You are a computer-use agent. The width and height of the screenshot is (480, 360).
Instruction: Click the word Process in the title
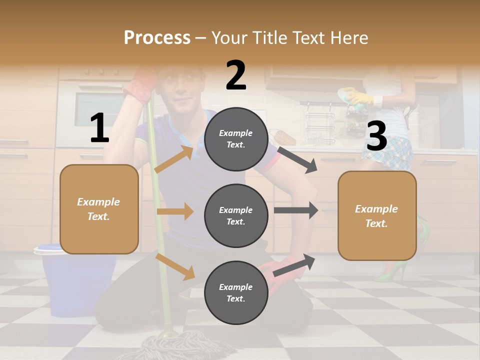[157, 37]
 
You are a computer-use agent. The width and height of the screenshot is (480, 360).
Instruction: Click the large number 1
[99, 128]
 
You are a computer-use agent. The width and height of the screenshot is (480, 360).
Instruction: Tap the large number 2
[236, 75]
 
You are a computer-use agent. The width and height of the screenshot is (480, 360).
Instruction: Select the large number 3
[376, 136]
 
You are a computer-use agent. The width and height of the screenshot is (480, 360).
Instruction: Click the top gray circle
[236, 139]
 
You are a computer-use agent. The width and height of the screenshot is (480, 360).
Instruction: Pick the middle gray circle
[236, 215]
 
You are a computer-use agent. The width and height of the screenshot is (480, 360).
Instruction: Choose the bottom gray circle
[236, 292]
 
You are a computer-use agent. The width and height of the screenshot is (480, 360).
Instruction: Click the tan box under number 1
[99, 209]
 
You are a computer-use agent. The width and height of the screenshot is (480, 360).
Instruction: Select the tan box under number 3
[377, 215]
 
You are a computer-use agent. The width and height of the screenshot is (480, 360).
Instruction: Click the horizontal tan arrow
[175, 211]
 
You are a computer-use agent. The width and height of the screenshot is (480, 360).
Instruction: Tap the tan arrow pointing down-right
[175, 266]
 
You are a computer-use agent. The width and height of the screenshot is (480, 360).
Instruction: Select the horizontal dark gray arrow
[295, 210]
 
